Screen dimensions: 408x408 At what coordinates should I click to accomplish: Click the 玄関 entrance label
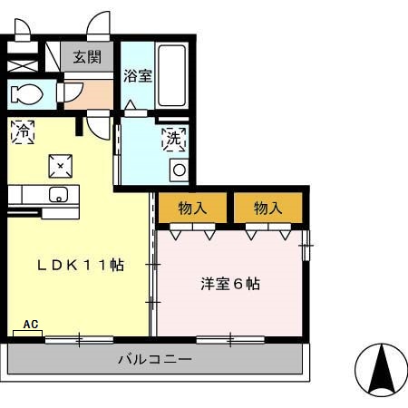[87, 57]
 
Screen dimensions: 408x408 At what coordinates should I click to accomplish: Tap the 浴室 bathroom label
[137, 76]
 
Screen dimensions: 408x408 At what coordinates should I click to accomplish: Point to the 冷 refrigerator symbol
[22, 131]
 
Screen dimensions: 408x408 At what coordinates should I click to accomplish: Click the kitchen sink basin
[59, 194]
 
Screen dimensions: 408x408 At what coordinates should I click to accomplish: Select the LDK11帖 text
[80, 266]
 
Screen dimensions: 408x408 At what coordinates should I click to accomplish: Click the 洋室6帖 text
[230, 284]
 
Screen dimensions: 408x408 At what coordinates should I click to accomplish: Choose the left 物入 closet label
[193, 208]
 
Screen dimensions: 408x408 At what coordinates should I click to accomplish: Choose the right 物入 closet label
[267, 208]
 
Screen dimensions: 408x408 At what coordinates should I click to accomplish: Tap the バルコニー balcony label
[154, 360]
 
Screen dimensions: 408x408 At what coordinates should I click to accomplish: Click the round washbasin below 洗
[179, 169]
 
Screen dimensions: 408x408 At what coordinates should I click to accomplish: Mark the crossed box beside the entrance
[22, 66]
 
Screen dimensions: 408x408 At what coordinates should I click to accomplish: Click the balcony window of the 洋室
[231, 340]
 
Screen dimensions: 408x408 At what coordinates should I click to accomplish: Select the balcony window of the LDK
[79, 340]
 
